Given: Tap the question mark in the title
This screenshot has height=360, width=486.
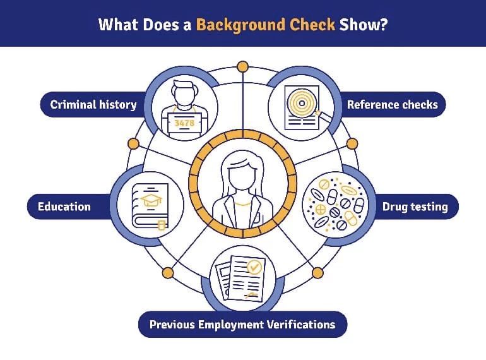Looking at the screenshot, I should click(x=383, y=25).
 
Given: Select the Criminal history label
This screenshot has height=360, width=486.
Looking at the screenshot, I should click(x=93, y=104).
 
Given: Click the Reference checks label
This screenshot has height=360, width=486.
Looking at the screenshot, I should click(x=392, y=104).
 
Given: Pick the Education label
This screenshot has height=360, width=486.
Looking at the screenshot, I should click(x=64, y=207).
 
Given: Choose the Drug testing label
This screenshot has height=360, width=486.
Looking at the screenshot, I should click(x=415, y=207).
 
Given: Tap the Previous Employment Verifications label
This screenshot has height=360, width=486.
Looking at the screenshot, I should click(x=242, y=325).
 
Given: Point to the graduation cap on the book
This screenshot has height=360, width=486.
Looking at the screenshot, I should click(x=151, y=200).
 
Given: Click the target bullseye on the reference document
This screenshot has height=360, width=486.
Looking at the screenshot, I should click(x=300, y=103).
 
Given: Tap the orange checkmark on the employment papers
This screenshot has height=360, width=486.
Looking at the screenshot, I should click(x=254, y=267).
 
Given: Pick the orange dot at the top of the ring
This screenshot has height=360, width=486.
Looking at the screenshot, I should click(x=242, y=66).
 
